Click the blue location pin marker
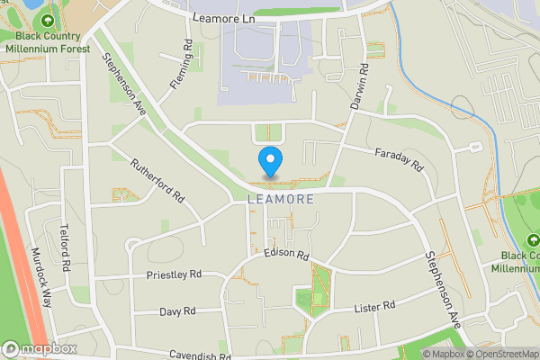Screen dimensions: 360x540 269,162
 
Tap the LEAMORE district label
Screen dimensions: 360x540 281,199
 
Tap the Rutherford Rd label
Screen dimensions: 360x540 157,181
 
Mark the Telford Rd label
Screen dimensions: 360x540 64,247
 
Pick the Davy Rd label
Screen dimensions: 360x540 177,311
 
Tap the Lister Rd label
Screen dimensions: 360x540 376,307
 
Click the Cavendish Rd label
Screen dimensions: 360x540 198,356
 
